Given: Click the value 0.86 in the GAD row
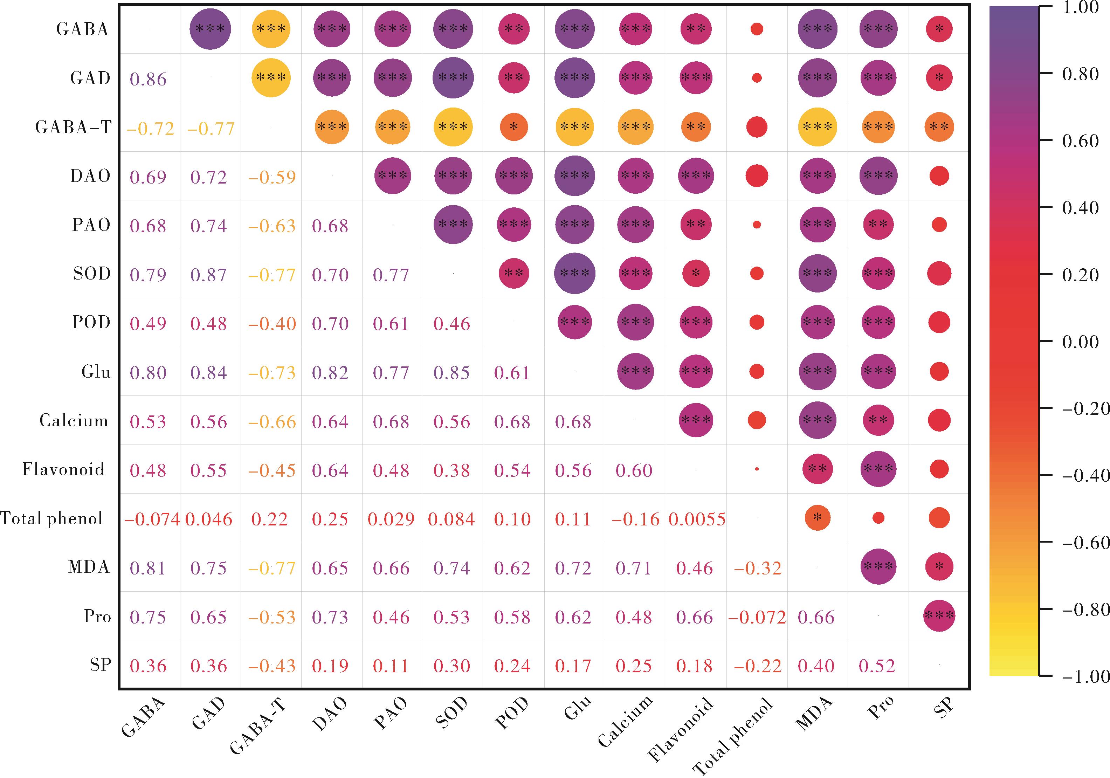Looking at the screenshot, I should (148, 79).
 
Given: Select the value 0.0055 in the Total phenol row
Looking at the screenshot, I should (697, 519).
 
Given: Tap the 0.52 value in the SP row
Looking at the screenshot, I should (877, 666).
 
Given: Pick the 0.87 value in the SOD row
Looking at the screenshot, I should (208, 275).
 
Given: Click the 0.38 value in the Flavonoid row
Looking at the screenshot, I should (451, 470).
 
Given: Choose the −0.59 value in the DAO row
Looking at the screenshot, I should (272, 177).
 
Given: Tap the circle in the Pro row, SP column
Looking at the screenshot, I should (939, 615).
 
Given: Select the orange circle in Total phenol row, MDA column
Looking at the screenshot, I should (817, 517).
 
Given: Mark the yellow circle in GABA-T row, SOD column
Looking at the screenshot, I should (453, 127).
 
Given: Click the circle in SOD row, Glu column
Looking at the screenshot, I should (574, 273).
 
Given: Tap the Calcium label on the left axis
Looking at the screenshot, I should (74, 421).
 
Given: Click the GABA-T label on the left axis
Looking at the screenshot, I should (74, 128).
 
